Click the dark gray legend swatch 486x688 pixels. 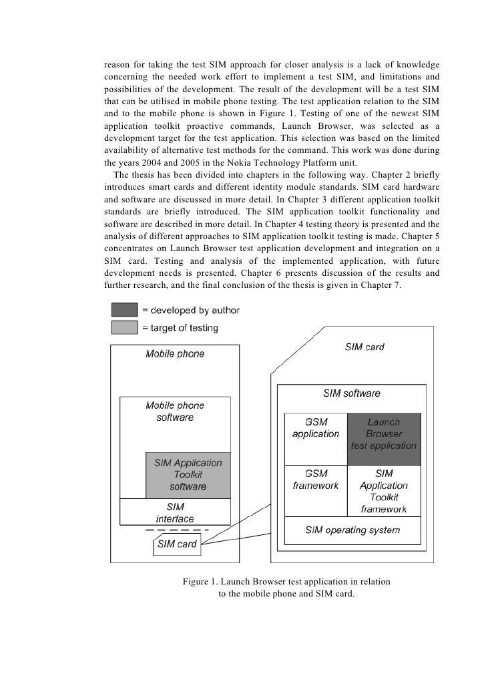[124, 311]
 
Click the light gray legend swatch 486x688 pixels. [124, 328]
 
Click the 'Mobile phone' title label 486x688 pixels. [175, 354]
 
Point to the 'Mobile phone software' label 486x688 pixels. [175, 411]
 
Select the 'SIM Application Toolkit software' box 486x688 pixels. [188, 474]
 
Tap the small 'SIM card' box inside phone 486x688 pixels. [176, 544]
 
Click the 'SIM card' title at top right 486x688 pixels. [364, 347]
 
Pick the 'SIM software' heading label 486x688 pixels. [352, 393]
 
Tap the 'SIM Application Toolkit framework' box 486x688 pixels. [384, 490]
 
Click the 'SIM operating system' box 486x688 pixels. [352, 530]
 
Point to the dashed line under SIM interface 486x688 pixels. [177, 530]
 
